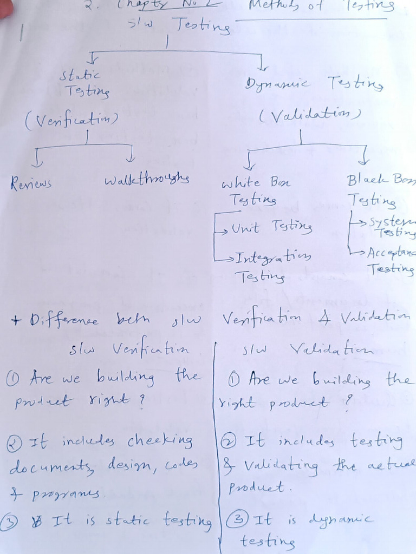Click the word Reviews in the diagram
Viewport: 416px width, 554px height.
pos(31,183)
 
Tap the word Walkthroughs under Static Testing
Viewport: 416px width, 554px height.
pos(146,179)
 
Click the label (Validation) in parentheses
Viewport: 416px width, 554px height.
pos(310,115)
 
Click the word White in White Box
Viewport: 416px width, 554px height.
pos(240,183)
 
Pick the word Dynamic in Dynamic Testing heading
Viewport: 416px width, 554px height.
pos(277,84)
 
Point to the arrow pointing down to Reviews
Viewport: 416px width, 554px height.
pos(38,157)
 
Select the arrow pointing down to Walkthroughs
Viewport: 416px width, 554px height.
pos(131,155)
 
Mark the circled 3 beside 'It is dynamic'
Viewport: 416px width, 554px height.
pos(236,520)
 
